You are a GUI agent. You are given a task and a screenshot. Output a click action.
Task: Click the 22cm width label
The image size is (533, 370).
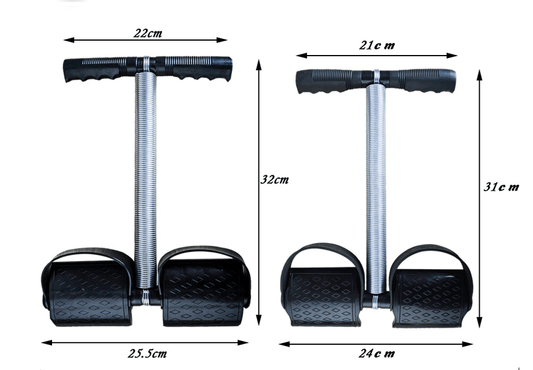tap(149, 32)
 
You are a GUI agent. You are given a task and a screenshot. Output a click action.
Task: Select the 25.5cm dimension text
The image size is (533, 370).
tap(147, 353)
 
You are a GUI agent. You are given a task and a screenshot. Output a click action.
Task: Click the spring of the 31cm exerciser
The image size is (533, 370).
tap(375, 190)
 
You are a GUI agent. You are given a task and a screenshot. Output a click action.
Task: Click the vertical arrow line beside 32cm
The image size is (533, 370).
tap(259, 190)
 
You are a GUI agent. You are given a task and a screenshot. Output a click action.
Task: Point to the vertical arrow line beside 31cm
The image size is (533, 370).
tap(479, 190)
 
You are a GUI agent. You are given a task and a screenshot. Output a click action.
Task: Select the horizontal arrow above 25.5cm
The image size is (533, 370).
tap(147, 335)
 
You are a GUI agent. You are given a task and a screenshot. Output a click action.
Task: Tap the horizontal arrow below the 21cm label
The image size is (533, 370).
tap(374, 56)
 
